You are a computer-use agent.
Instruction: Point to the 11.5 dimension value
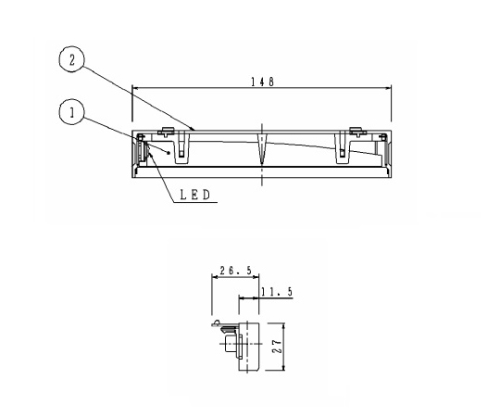point(279,291)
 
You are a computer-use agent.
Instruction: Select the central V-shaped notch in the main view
point(262,148)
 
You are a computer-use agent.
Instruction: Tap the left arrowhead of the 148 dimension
point(135,89)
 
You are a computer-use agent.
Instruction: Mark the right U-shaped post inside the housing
point(342,144)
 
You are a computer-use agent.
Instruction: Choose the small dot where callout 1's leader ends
point(169,153)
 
